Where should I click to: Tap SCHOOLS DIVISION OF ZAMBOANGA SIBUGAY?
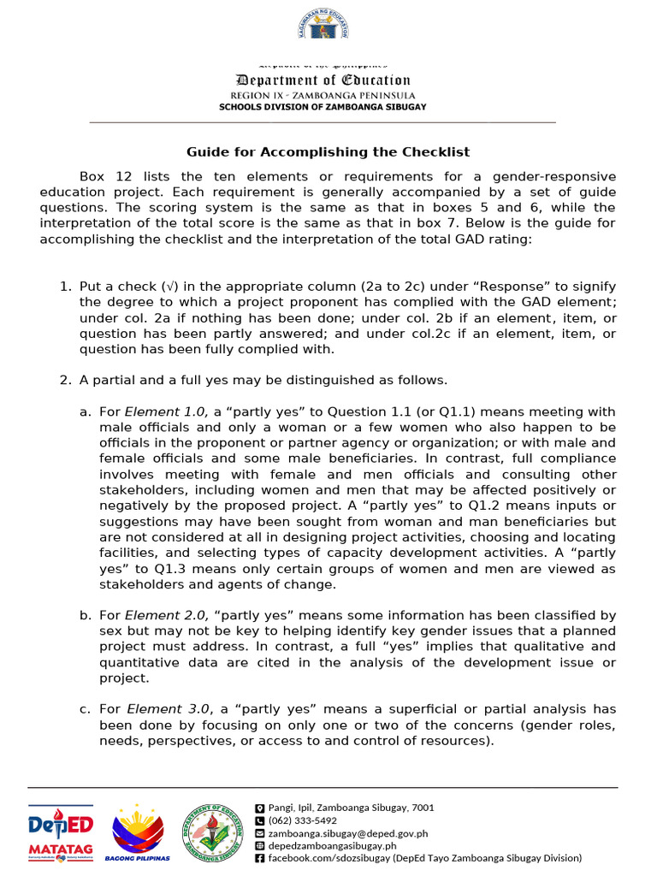(x=323, y=107)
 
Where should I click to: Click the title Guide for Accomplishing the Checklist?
(x=328, y=152)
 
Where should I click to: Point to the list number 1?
(x=64, y=287)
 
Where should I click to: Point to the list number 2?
(x=64, y=380)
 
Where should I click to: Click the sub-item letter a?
(x=85, y=412)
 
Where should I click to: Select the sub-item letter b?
(x=85, y=615)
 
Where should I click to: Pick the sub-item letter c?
(x=85, y=709)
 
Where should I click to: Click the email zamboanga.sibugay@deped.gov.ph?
(x=347, y=832)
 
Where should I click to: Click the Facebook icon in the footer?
(x=260, y=858)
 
